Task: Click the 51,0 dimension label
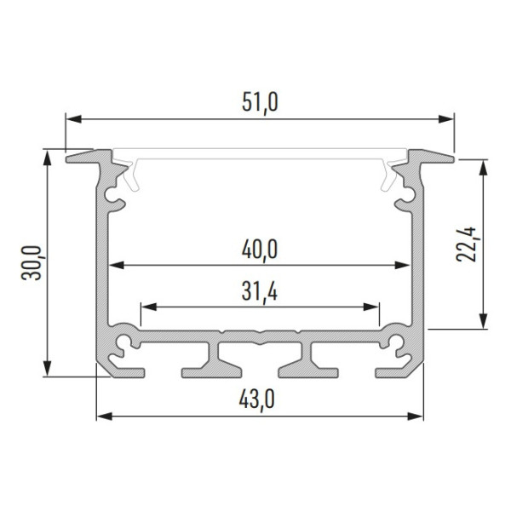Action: (x=260, y=102)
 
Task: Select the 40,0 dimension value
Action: (x=260, y=250)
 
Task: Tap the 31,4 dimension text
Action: (x=260, y=291)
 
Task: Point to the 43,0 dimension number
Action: (x=257, y=399)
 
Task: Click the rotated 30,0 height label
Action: (x=32, y=263)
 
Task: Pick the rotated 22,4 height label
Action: (x=466, y=244)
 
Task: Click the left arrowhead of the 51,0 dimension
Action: (x=73, y=119)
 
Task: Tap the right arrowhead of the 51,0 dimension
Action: (x=445, y=119)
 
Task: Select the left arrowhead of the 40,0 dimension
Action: (x=116, y=265)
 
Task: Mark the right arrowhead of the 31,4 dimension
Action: (x=370, y=307)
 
